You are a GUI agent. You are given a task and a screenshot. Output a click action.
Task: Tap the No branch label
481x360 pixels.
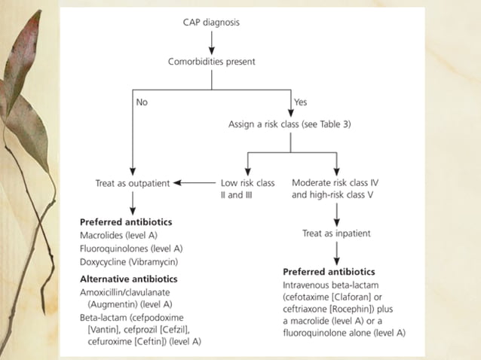142,102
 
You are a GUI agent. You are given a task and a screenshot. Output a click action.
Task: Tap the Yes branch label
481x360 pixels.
299,102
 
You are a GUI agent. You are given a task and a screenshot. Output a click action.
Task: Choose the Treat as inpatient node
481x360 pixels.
336,233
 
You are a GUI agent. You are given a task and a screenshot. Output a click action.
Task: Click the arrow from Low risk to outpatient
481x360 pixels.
197,182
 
